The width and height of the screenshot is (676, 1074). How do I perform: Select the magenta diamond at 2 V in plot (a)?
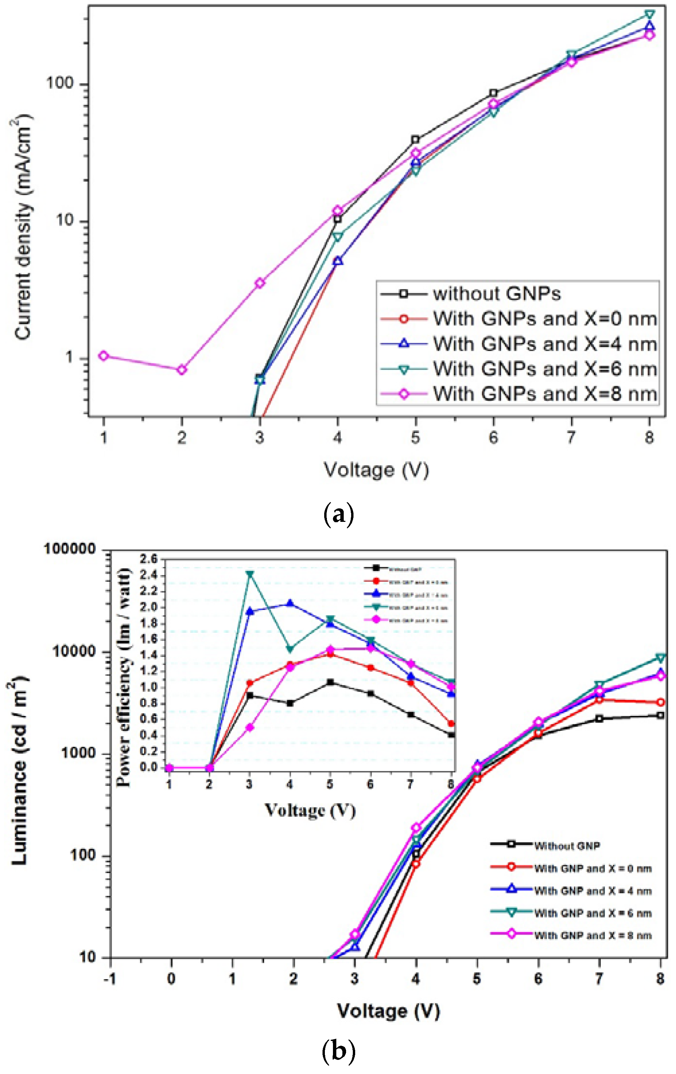click(x=181, y=370)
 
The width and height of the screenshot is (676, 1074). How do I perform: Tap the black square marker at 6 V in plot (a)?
click(x=493, y=93)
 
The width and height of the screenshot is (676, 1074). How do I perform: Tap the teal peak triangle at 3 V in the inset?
click(x=250, y=574)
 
